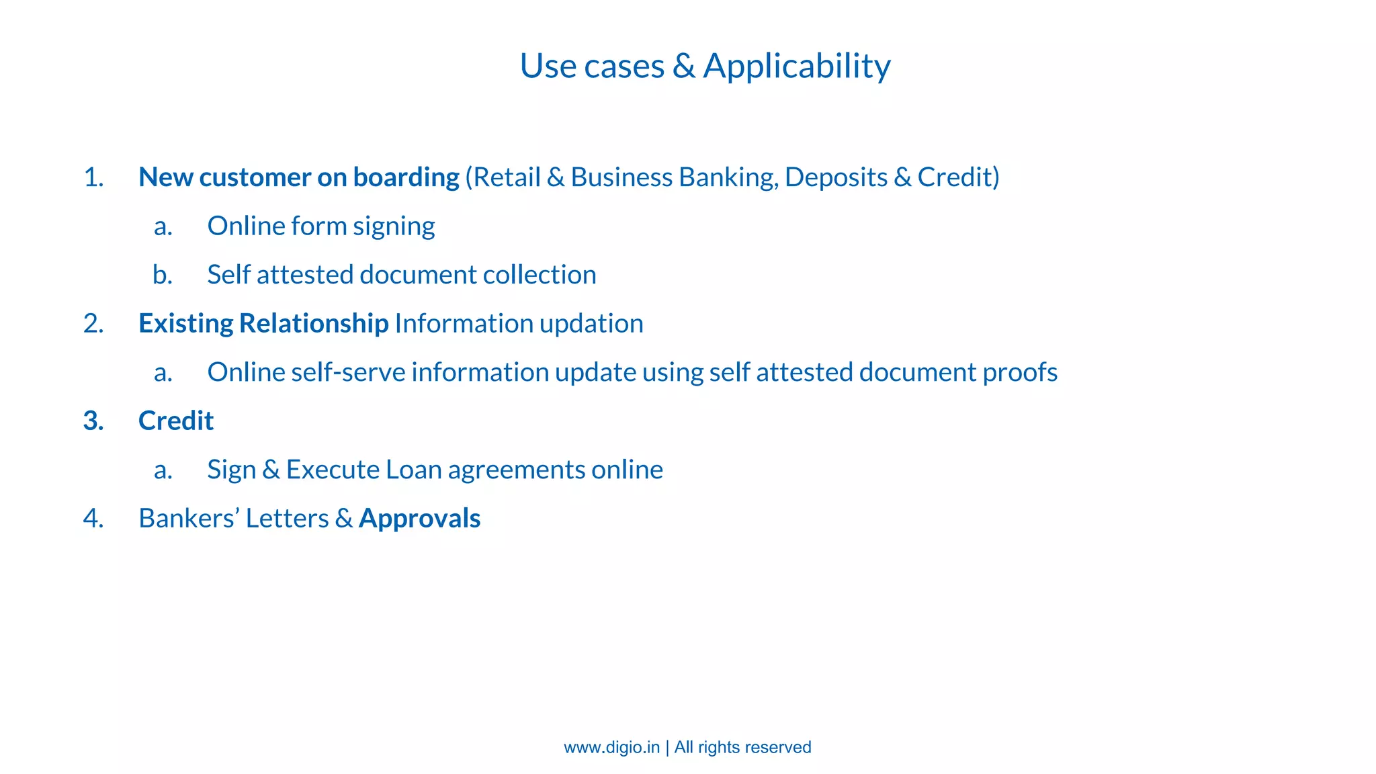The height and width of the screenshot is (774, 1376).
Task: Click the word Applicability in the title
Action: (x=797, y=66)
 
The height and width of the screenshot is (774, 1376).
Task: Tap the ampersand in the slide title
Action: (x=683, y=66)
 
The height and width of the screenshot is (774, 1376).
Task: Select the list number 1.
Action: (x=93, y=177)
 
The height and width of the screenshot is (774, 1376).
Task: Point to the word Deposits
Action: (x=835, y=177)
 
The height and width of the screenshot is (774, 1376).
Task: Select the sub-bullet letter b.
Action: (x=162, y=275)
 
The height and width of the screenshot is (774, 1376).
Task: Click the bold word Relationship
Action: (x=313, y=324)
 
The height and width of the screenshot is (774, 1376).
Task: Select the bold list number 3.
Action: (x=93, y=421)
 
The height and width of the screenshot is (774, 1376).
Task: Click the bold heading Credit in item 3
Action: (x=176, y=421)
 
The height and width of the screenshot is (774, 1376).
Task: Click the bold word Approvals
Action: (x=419, y=519)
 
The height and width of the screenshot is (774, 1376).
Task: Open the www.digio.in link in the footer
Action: (x=611, y=747)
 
